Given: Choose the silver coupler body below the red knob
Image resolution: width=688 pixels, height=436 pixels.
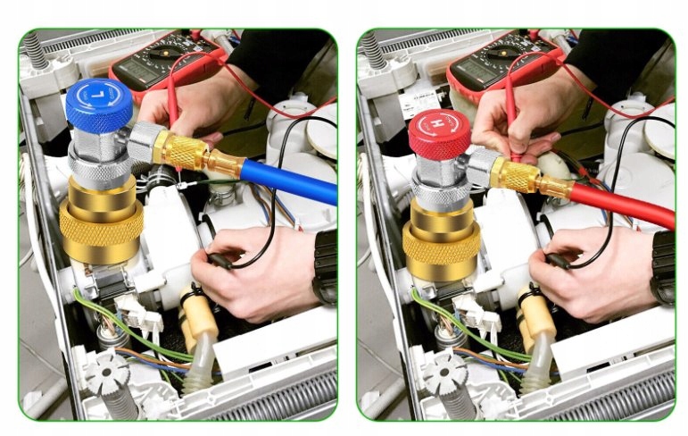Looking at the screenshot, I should click(x=439, y=183).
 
